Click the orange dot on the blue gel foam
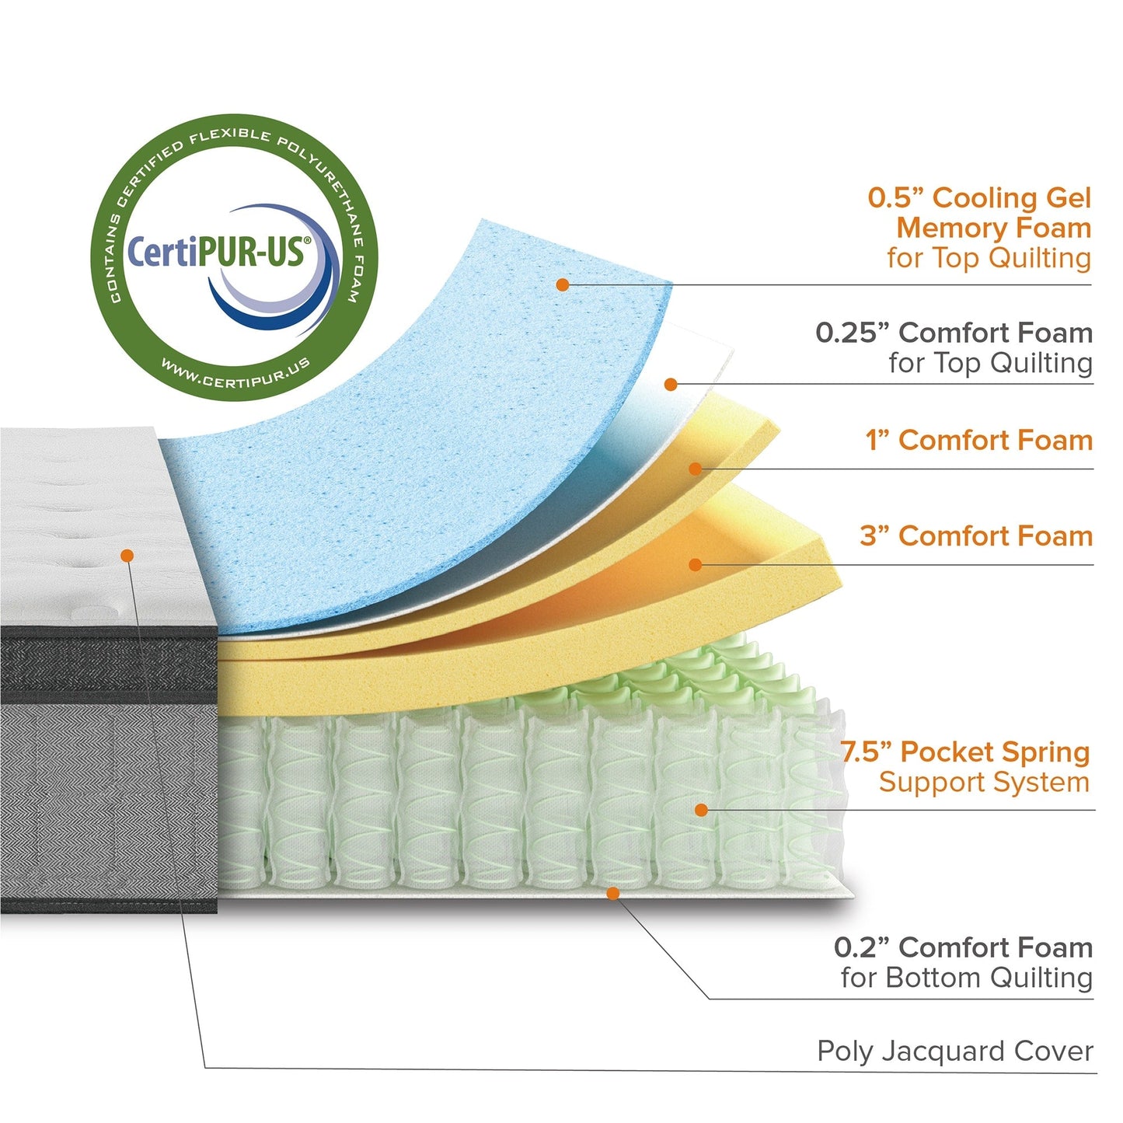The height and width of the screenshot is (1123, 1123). click(x=563, y=285)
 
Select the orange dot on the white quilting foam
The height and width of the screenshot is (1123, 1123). click(x=671, y=384)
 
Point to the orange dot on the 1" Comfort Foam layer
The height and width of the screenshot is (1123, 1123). click(x=696, y=469)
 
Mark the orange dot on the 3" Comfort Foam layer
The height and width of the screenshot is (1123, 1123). click(x=696, y=565)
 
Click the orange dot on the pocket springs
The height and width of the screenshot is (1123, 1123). click(x=701, y=810)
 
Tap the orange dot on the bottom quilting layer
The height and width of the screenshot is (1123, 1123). click(x=612, y=893)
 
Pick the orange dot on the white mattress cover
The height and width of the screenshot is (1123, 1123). click(x=127, y=555)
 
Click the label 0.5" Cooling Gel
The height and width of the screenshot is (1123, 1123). click(x=979, y=198)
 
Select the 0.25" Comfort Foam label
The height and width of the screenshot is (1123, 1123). click(x=954, y=333)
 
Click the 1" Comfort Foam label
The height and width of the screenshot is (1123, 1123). click(x=979, y=441)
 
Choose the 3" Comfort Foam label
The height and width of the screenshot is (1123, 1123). click(x=976, y=536)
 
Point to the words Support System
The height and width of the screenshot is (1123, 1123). click(x=984, y=783)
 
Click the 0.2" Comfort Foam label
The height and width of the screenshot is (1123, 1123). click(x=963, y=948)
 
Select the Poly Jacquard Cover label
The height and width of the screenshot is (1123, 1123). click(x=954, y=1052)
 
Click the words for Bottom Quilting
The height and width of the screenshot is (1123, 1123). click(x=966, y=978)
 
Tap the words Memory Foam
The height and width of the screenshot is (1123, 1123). click(x=993, y=228)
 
